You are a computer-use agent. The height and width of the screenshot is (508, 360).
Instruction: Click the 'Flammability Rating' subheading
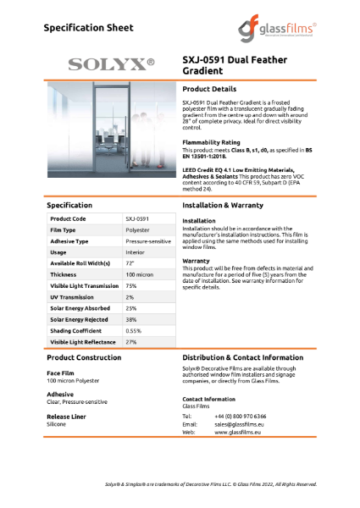211,142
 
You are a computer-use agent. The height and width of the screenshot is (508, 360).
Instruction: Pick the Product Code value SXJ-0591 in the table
138,218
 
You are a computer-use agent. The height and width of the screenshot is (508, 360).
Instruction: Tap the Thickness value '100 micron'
139,274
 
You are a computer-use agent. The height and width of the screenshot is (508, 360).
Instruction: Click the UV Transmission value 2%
130,297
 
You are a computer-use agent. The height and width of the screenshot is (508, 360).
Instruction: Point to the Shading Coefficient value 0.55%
134,331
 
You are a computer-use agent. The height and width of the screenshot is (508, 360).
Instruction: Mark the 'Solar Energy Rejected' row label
78,320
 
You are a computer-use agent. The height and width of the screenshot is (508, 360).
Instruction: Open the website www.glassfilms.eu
237,432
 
